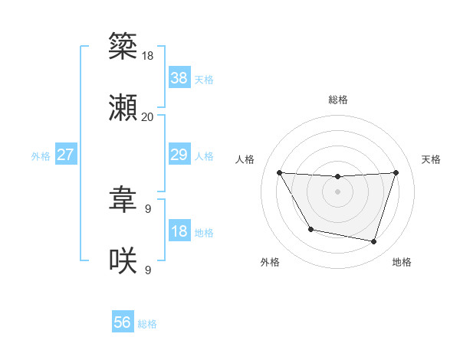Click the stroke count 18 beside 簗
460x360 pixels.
click(x=148, y=55)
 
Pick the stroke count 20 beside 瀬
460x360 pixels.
click(x=148, y=117)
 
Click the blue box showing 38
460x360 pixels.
click(x=179, y=78)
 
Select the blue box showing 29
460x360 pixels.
click(x=179, y=155)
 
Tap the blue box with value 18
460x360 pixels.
click(x=179, y=231)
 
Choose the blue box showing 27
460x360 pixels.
click(x=65, y=155)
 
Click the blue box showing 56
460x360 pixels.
click(x=123, y=323)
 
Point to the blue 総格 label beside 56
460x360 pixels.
click(x=147, y=324)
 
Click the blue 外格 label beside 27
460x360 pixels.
click(x=41, y=156)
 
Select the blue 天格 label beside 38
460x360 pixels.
click(x=204, y=79)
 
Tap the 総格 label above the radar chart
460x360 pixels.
click(x=338, y=100)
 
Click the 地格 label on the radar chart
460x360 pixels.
click(x=402, y=262)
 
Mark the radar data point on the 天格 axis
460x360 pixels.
click(x=396, y=173)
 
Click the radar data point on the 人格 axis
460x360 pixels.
click(x=279, y=173)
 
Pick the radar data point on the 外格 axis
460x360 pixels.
click(x=310, y=229)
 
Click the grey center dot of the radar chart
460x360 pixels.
click(x=337, y=191)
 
